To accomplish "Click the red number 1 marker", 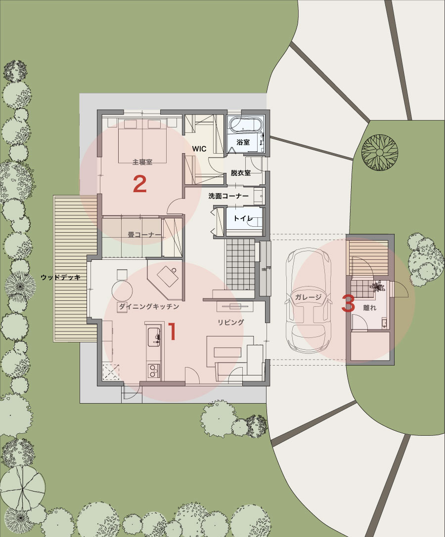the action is coord(173,331).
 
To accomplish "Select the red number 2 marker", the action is coord(139,184).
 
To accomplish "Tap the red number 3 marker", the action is coord(348,303).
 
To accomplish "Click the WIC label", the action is coord(199,149).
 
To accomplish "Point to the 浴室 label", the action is coord(243,142).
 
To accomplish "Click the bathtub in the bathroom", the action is coord(246,124).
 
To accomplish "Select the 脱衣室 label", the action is coord(241,172).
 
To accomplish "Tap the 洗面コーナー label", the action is coord(228,196).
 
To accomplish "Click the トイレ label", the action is coord(243,218).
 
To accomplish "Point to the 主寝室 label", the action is coord(142,162).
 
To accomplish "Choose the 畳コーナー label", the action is coord(144,235).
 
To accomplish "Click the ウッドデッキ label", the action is coord(61,277).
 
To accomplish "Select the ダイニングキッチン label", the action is coord(149,306).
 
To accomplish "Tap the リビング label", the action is coord(231,322).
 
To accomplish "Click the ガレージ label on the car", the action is coord(308,297).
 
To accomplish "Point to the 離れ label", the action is coord(369,308).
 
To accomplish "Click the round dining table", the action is coord(123,291).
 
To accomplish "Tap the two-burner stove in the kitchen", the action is coord(154,371).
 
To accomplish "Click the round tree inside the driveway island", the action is coord(380,152).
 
